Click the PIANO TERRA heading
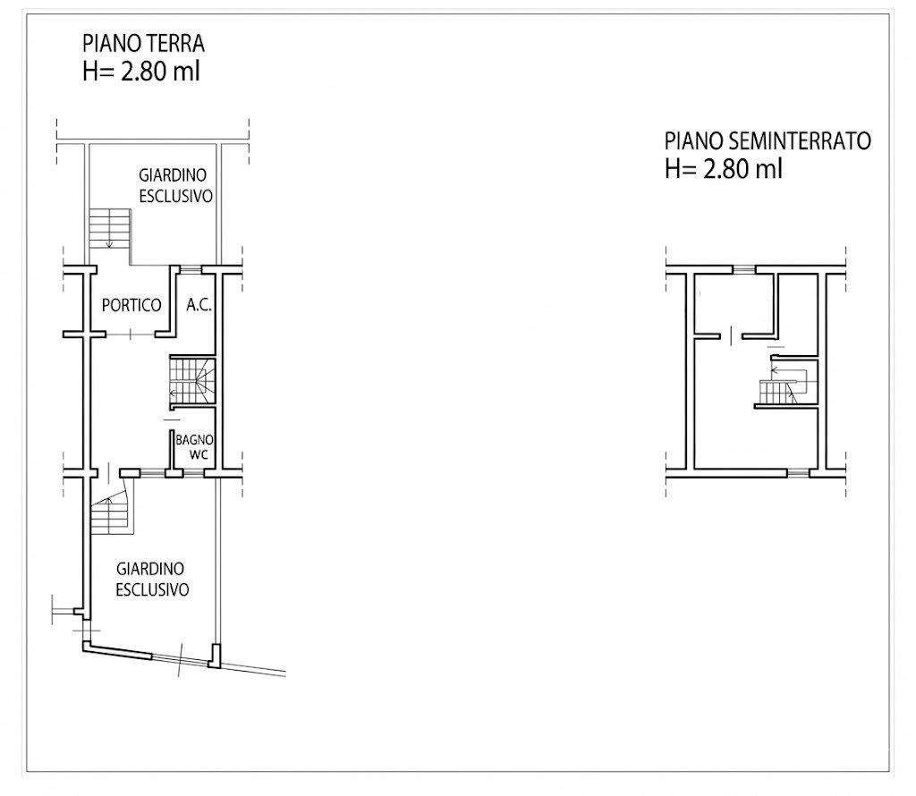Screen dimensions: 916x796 click(x=143, y=43)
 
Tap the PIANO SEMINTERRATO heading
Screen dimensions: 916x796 click(x=768, y=140)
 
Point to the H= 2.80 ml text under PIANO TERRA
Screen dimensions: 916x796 click(x=141, y=72)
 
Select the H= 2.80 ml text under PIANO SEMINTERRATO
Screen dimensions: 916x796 click(x=723, y=169)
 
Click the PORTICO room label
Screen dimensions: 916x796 click(x=131, y=305)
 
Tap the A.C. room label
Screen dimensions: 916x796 click(x=199, y=304)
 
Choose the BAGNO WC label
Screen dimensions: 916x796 click(x=194, y=447)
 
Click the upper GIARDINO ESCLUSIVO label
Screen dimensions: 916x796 click(x=175, y=185)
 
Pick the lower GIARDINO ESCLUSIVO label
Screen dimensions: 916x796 click(x=152, y=579)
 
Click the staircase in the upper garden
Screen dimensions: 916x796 click(x=109, y=228)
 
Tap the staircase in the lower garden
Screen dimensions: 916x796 click(x=111, y=514)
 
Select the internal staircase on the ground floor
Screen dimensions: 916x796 click(x=192, y=380)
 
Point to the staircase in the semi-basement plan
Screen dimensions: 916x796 click(x=783, y=385)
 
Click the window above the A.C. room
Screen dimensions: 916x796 click(x=191, y=269)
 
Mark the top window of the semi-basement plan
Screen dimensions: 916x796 click(x=743, y=269)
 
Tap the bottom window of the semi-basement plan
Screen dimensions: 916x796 click(x=798, y=472)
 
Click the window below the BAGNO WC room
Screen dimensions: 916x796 click(x=193, y=472)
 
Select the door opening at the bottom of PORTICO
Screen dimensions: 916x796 click(x=131, y=334)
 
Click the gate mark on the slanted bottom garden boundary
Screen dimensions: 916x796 click(x=181, y=659)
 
